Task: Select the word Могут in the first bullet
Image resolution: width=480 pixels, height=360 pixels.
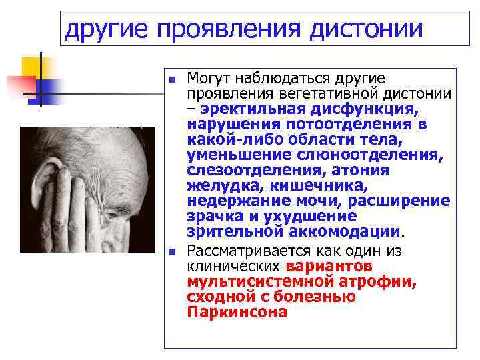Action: coord(209,79)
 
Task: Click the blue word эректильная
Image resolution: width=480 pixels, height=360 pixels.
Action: coord(253,109)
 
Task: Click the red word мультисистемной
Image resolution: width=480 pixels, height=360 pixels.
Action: coord(254,282)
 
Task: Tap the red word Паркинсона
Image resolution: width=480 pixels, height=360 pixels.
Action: coord(237,312)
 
